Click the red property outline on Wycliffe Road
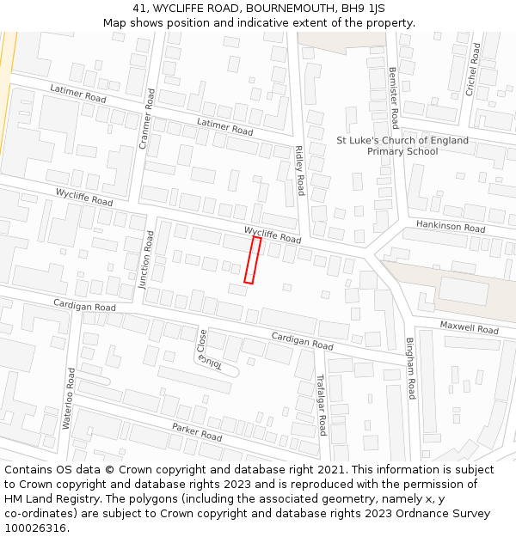(x=252, y=259)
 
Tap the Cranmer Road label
(x=145, y=119)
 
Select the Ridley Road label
(x=299, y=170)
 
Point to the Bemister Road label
(x=393, y=98)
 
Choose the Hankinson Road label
(x=451, y=226)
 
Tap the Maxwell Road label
(x=469, y=327)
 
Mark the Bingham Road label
(x=411, y=368)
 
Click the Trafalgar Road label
(x=321, y=404)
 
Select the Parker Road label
(x=197, y=431)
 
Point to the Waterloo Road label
(x=68, y=398)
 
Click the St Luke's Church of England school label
(x=402, y=146)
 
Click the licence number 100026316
(x=35, y=528)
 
